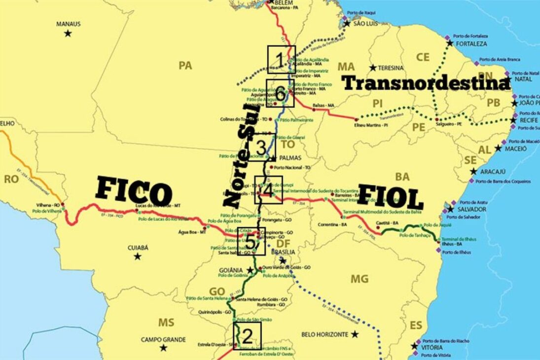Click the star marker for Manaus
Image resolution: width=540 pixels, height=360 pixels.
click(68, 34)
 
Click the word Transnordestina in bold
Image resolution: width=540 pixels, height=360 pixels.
click(426, 83)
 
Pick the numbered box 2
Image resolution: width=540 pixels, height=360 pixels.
click(247, 336)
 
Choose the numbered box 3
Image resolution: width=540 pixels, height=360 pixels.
click(262, 147)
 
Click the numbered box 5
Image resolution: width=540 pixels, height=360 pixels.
click(252, 241)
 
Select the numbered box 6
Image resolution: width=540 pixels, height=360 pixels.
click(280, 93)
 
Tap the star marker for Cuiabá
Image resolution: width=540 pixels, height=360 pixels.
click(138, 256)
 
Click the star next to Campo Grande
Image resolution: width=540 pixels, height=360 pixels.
click(163, 348)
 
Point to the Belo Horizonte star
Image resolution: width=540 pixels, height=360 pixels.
click(355, 334)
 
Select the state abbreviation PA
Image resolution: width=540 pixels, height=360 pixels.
click(185, 66)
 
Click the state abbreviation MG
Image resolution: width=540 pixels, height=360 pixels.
click(359, 279)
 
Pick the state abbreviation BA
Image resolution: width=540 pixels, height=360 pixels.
click(402, 177)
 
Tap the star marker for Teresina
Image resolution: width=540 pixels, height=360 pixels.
click(373, 68)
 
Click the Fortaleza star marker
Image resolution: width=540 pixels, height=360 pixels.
click(450, 43)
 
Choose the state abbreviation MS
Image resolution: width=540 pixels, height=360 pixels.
click(166, 323)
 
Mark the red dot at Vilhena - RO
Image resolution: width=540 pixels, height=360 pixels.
click(63, 204)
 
